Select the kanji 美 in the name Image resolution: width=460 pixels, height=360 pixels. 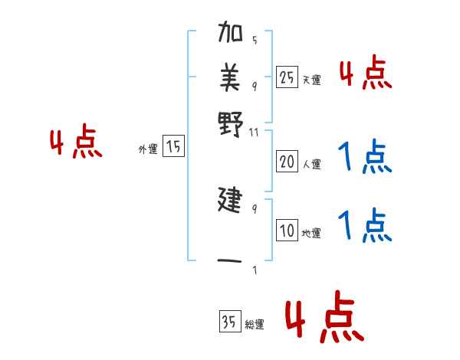[x=231, y=76]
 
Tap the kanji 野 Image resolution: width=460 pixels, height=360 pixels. [x=231, y=122]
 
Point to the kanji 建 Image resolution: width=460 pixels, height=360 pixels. [x=231, y=201]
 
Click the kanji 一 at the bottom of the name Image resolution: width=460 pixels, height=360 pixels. [x=231, y=260]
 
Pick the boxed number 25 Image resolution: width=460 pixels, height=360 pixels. [x=287, y=77]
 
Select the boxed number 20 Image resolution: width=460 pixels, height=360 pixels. [x=287, y=161]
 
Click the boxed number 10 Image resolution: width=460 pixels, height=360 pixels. [x=287, y=231]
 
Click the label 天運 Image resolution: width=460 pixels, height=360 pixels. [x=311, y=80]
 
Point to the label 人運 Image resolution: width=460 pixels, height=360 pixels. [x=311, y=164]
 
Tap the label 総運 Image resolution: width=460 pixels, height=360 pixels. [x=254, y=325]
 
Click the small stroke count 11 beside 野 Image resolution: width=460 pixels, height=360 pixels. [x=255, y=133]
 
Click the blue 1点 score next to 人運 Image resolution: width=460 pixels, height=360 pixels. [x=365, y=157]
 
